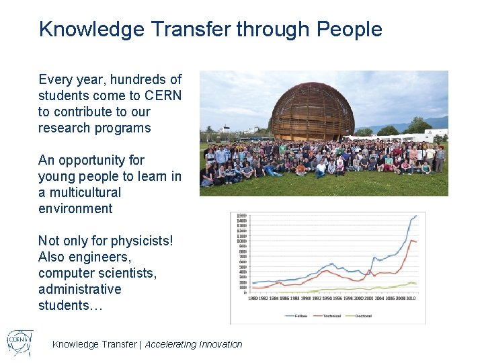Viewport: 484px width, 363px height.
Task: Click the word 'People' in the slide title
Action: [349, 30]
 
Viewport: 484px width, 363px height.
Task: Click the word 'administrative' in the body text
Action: [80, 289]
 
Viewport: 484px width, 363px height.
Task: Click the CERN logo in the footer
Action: [20, 341]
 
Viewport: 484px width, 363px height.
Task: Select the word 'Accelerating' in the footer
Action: [171, 344]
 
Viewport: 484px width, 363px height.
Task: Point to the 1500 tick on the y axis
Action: [241, 215]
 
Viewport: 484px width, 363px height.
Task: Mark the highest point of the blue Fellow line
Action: [416, 216]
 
